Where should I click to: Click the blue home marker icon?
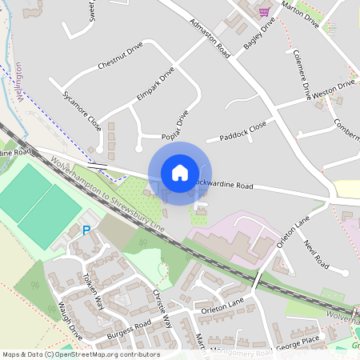[x=180, y=172]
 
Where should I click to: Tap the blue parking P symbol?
[x=86, y=231]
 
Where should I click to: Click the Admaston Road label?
[x=210, y=38]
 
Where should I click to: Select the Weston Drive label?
[x=333, y=89]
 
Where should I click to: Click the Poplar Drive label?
[x=174, y=123]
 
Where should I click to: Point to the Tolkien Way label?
[x=94, y=290]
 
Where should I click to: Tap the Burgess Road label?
[x=130, y=328]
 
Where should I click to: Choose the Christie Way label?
[x=162, y=309]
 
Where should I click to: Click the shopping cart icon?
[x=264, y=11]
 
